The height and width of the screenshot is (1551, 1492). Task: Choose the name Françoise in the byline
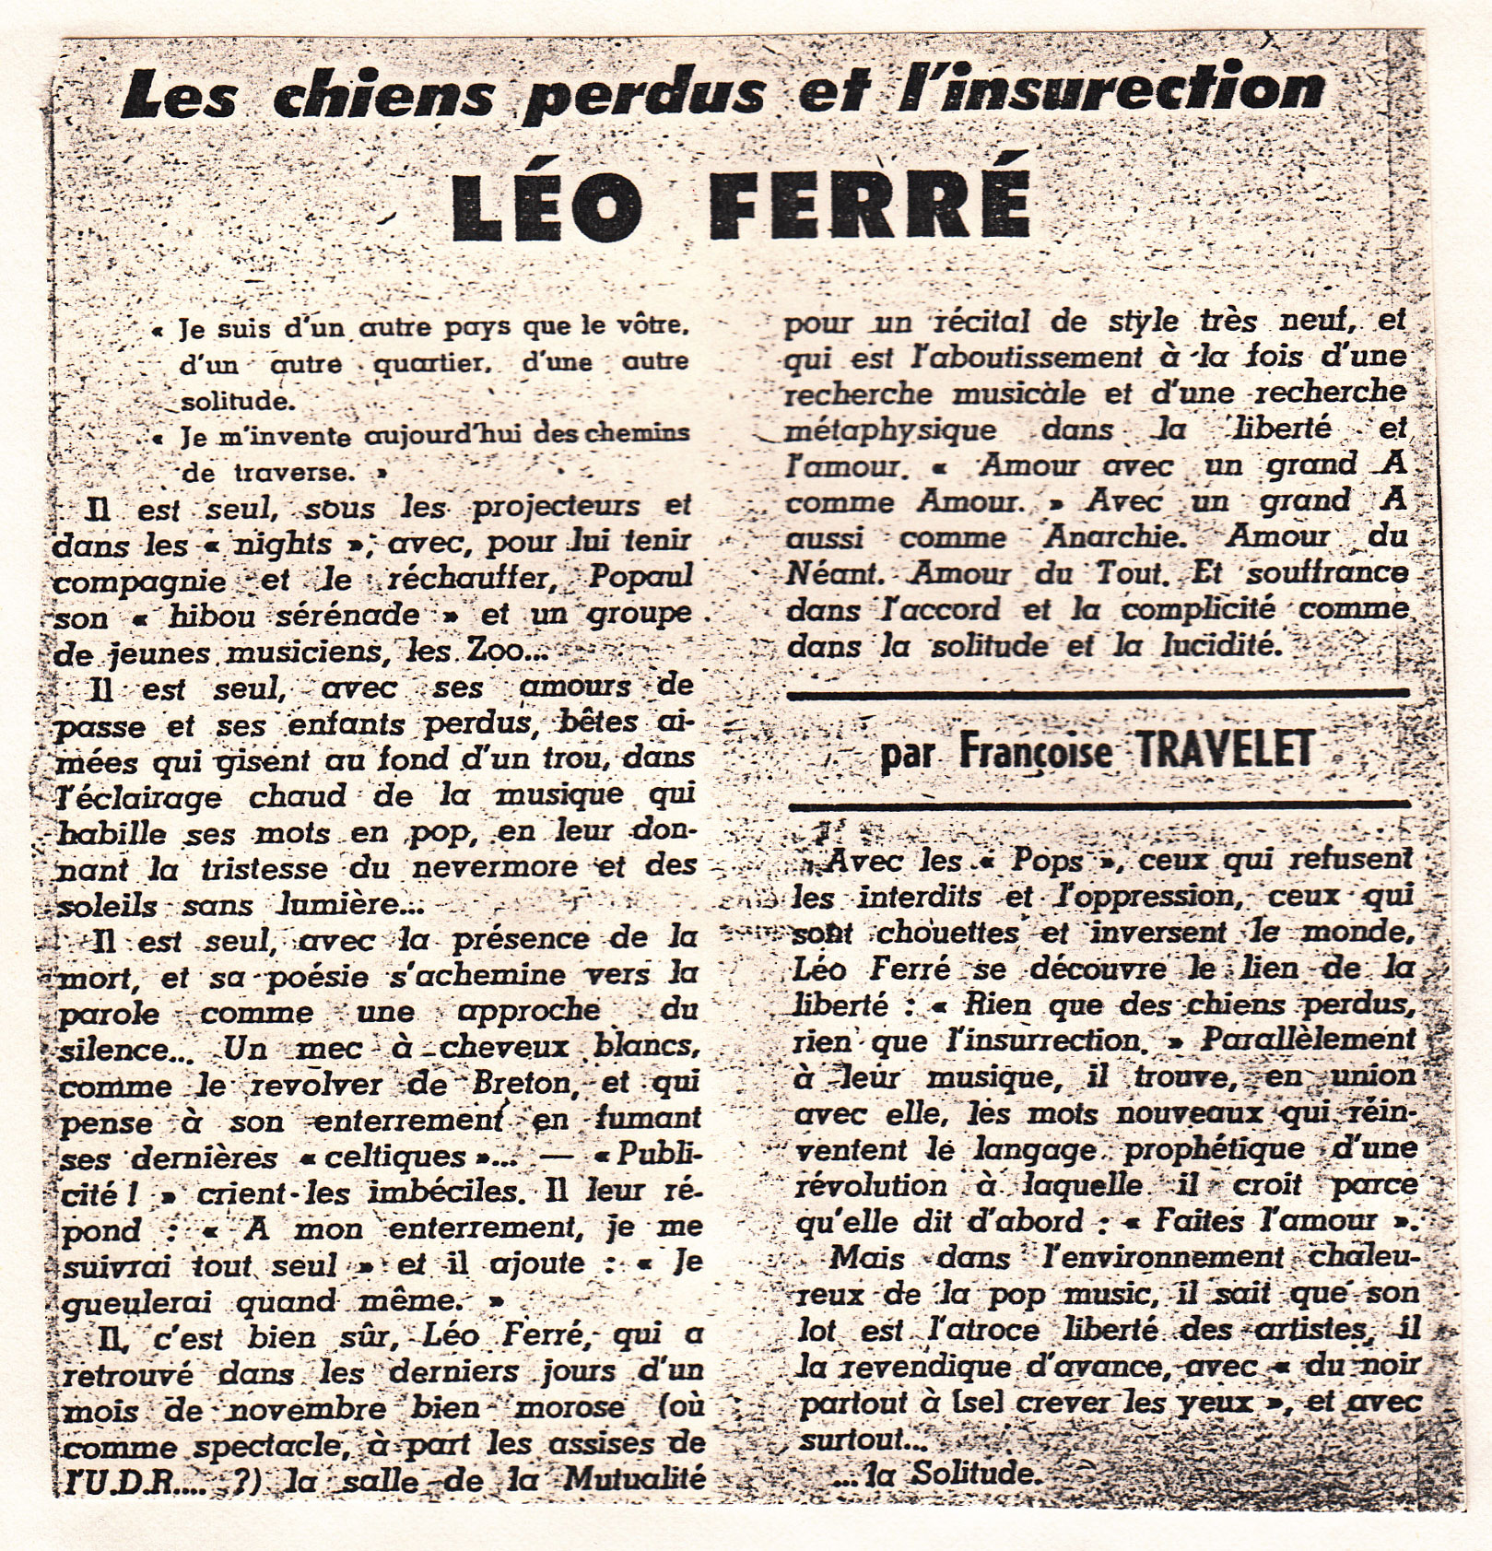1035,752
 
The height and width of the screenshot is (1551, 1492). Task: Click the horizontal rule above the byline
1097,693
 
